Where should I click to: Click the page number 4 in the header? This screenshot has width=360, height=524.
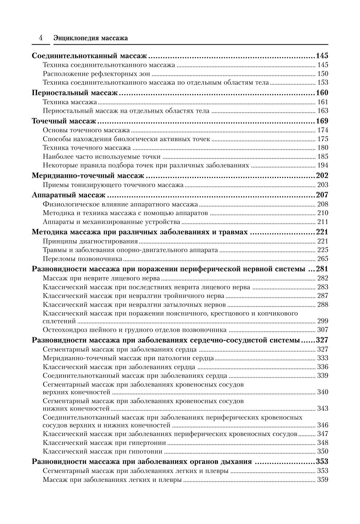[41, 38]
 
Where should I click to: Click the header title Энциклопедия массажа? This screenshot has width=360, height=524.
[90, 38]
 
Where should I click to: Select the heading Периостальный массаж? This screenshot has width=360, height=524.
[75, 93]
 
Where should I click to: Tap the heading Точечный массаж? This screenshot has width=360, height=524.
[64, 121]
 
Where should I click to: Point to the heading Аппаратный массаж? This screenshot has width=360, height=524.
[69, 195]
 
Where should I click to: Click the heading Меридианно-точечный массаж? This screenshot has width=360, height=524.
[88, 176]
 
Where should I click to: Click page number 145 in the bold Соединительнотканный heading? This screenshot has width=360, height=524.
[322, 56]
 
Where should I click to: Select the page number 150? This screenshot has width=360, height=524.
[323, 74]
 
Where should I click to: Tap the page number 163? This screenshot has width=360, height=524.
[323, 110]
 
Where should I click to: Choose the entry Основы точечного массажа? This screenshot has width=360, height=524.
[86, 130]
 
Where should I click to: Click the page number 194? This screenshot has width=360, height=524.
[323, 165]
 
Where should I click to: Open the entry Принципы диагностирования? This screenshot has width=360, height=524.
[90, 241]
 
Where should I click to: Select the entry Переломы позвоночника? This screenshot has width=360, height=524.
[82, 259]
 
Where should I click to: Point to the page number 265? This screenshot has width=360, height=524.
[323, 259]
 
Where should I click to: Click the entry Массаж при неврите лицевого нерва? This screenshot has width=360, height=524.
[101, 278]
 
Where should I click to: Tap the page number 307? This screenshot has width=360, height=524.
[323, 330]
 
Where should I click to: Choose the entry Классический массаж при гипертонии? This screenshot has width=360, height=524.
[104, 443]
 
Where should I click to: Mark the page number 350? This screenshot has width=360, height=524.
[323, 451]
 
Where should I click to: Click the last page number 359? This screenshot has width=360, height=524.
[323, 480]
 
